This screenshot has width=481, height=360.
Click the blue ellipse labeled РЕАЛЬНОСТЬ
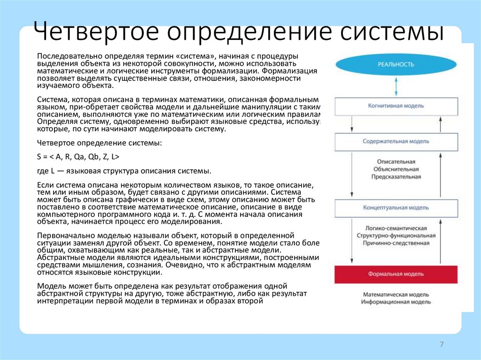click(396, 64)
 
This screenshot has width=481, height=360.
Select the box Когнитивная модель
click(396, 106)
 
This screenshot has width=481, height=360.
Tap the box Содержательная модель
click(396, 141)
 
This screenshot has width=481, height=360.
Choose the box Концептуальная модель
click(396, 207)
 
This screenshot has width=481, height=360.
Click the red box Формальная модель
click(396, 274)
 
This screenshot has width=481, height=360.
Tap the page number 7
click(442, 345)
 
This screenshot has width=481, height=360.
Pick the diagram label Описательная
click(396, 161)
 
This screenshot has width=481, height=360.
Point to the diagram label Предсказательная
click(396, 177)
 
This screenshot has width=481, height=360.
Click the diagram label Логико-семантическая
click(396, 227)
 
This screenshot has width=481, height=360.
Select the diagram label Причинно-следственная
click(396, 243)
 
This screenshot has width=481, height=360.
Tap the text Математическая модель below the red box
click(396, 294)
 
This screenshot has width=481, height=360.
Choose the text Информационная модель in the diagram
click(396, 302)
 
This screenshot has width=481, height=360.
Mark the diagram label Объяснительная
click(396, 169)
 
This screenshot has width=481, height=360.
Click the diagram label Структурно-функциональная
click(396, 235)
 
